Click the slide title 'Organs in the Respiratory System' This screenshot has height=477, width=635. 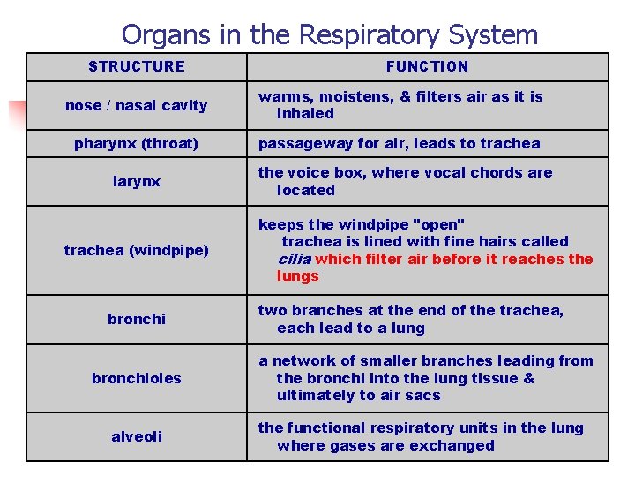pyautogui.click(x=329, y=34)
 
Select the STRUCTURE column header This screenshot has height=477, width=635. pyautogui.click(x=137, y=66)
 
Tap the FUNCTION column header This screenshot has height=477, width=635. pyautogui.click(x=428, y=66)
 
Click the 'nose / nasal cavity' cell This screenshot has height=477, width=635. pyautogui.click(x=137, y=105)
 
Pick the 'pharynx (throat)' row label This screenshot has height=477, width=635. pyautogui.click(x=137, y=143)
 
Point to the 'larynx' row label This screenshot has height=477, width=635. pyautogui.click(x=137, y=181)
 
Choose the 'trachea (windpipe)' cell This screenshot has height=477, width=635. pyautogui.click(x=137, y=250)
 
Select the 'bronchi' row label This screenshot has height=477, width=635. pyautogui.click(x=137, y=319)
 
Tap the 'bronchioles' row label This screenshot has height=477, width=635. pyautogui.click(x=137, y=378)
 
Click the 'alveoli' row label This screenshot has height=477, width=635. pyautogui.click(x=137, y=436)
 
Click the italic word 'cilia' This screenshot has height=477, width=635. pyautogui.click(x=294, y=259)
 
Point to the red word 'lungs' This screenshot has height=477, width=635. pyautogui.click(x=297, y=276)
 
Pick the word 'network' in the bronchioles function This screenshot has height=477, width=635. pyautogui.click(x=301, y=360)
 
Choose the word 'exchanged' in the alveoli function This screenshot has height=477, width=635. pyautogui.click(x=456, y=445)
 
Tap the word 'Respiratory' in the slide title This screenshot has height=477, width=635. pyautogui.click(x=369, y=34)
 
